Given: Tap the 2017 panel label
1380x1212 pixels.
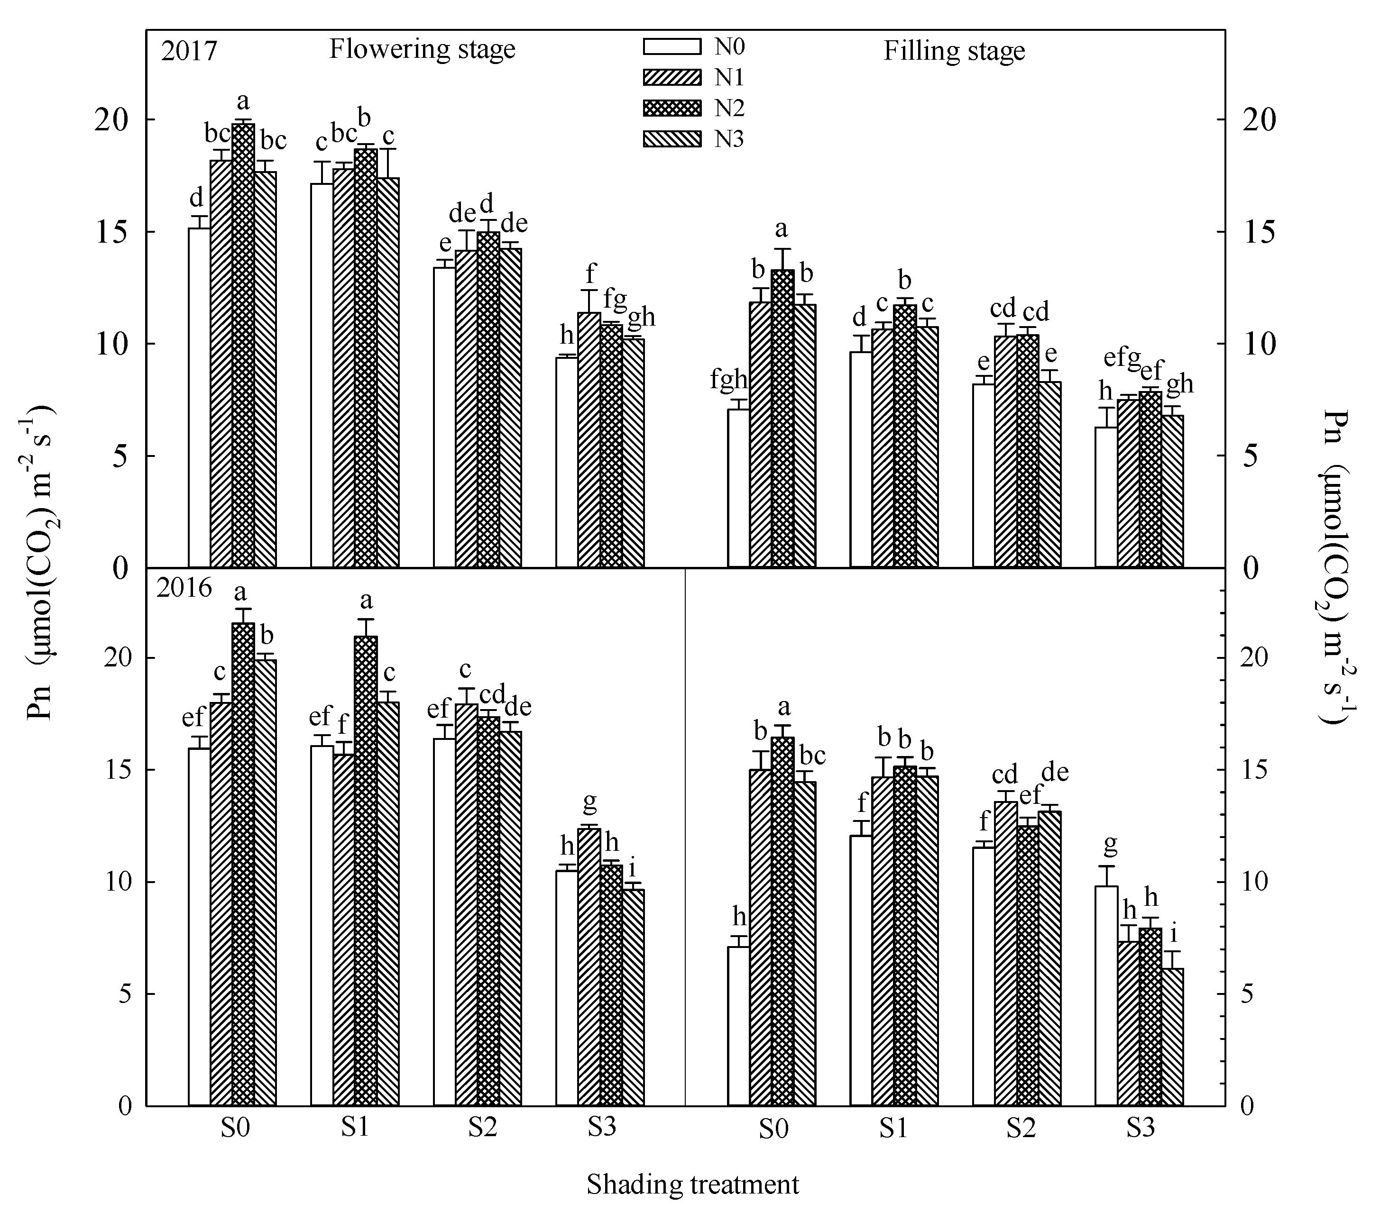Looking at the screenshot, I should pyautogui.click(x=189, y=51).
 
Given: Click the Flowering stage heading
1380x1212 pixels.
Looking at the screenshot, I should pyautogui.click(x=422, y=50).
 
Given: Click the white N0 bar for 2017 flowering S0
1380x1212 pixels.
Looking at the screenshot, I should pyautogui.click(x=199, y=398).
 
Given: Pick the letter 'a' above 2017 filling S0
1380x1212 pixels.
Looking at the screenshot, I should pyautogui.click(x=781, y=229).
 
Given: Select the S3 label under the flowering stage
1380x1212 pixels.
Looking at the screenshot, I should pyautogui.click(x=601, y=1127).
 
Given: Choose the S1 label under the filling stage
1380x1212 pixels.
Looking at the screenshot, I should pyautogui.click(x=893, y=1128).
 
